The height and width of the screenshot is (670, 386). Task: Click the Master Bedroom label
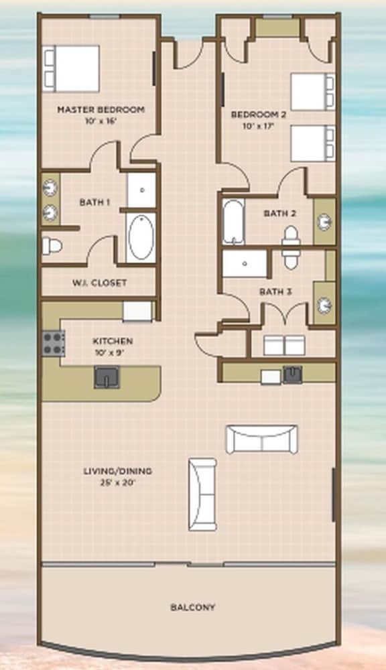point(101,110)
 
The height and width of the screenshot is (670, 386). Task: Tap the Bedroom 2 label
point(258,115)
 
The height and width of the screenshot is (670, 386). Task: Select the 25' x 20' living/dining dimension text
point(117,483)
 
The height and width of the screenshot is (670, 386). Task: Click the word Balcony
point(193,607)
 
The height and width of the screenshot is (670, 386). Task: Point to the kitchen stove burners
point(54,343)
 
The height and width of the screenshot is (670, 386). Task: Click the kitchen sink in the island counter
point(107,377)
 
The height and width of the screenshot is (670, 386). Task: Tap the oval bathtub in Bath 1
point(141,238)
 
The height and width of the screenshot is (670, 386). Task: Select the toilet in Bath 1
point(52,246)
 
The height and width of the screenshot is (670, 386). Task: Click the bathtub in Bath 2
point(233,222)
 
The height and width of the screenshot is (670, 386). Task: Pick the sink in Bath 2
point(324,222)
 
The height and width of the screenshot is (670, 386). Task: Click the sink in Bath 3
point(324,305)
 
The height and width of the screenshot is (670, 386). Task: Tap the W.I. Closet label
point(99,283)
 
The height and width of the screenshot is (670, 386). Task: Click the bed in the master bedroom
point(71,68)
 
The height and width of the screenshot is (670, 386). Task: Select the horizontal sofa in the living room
point(261,440)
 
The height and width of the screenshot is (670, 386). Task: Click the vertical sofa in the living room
point(202,494)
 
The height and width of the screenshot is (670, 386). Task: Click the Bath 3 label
point(275,292)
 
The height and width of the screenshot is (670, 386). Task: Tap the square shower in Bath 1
point(141,190)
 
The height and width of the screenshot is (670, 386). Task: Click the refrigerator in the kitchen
point(137,311)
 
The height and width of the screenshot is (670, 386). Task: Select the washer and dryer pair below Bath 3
point(284,345)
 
